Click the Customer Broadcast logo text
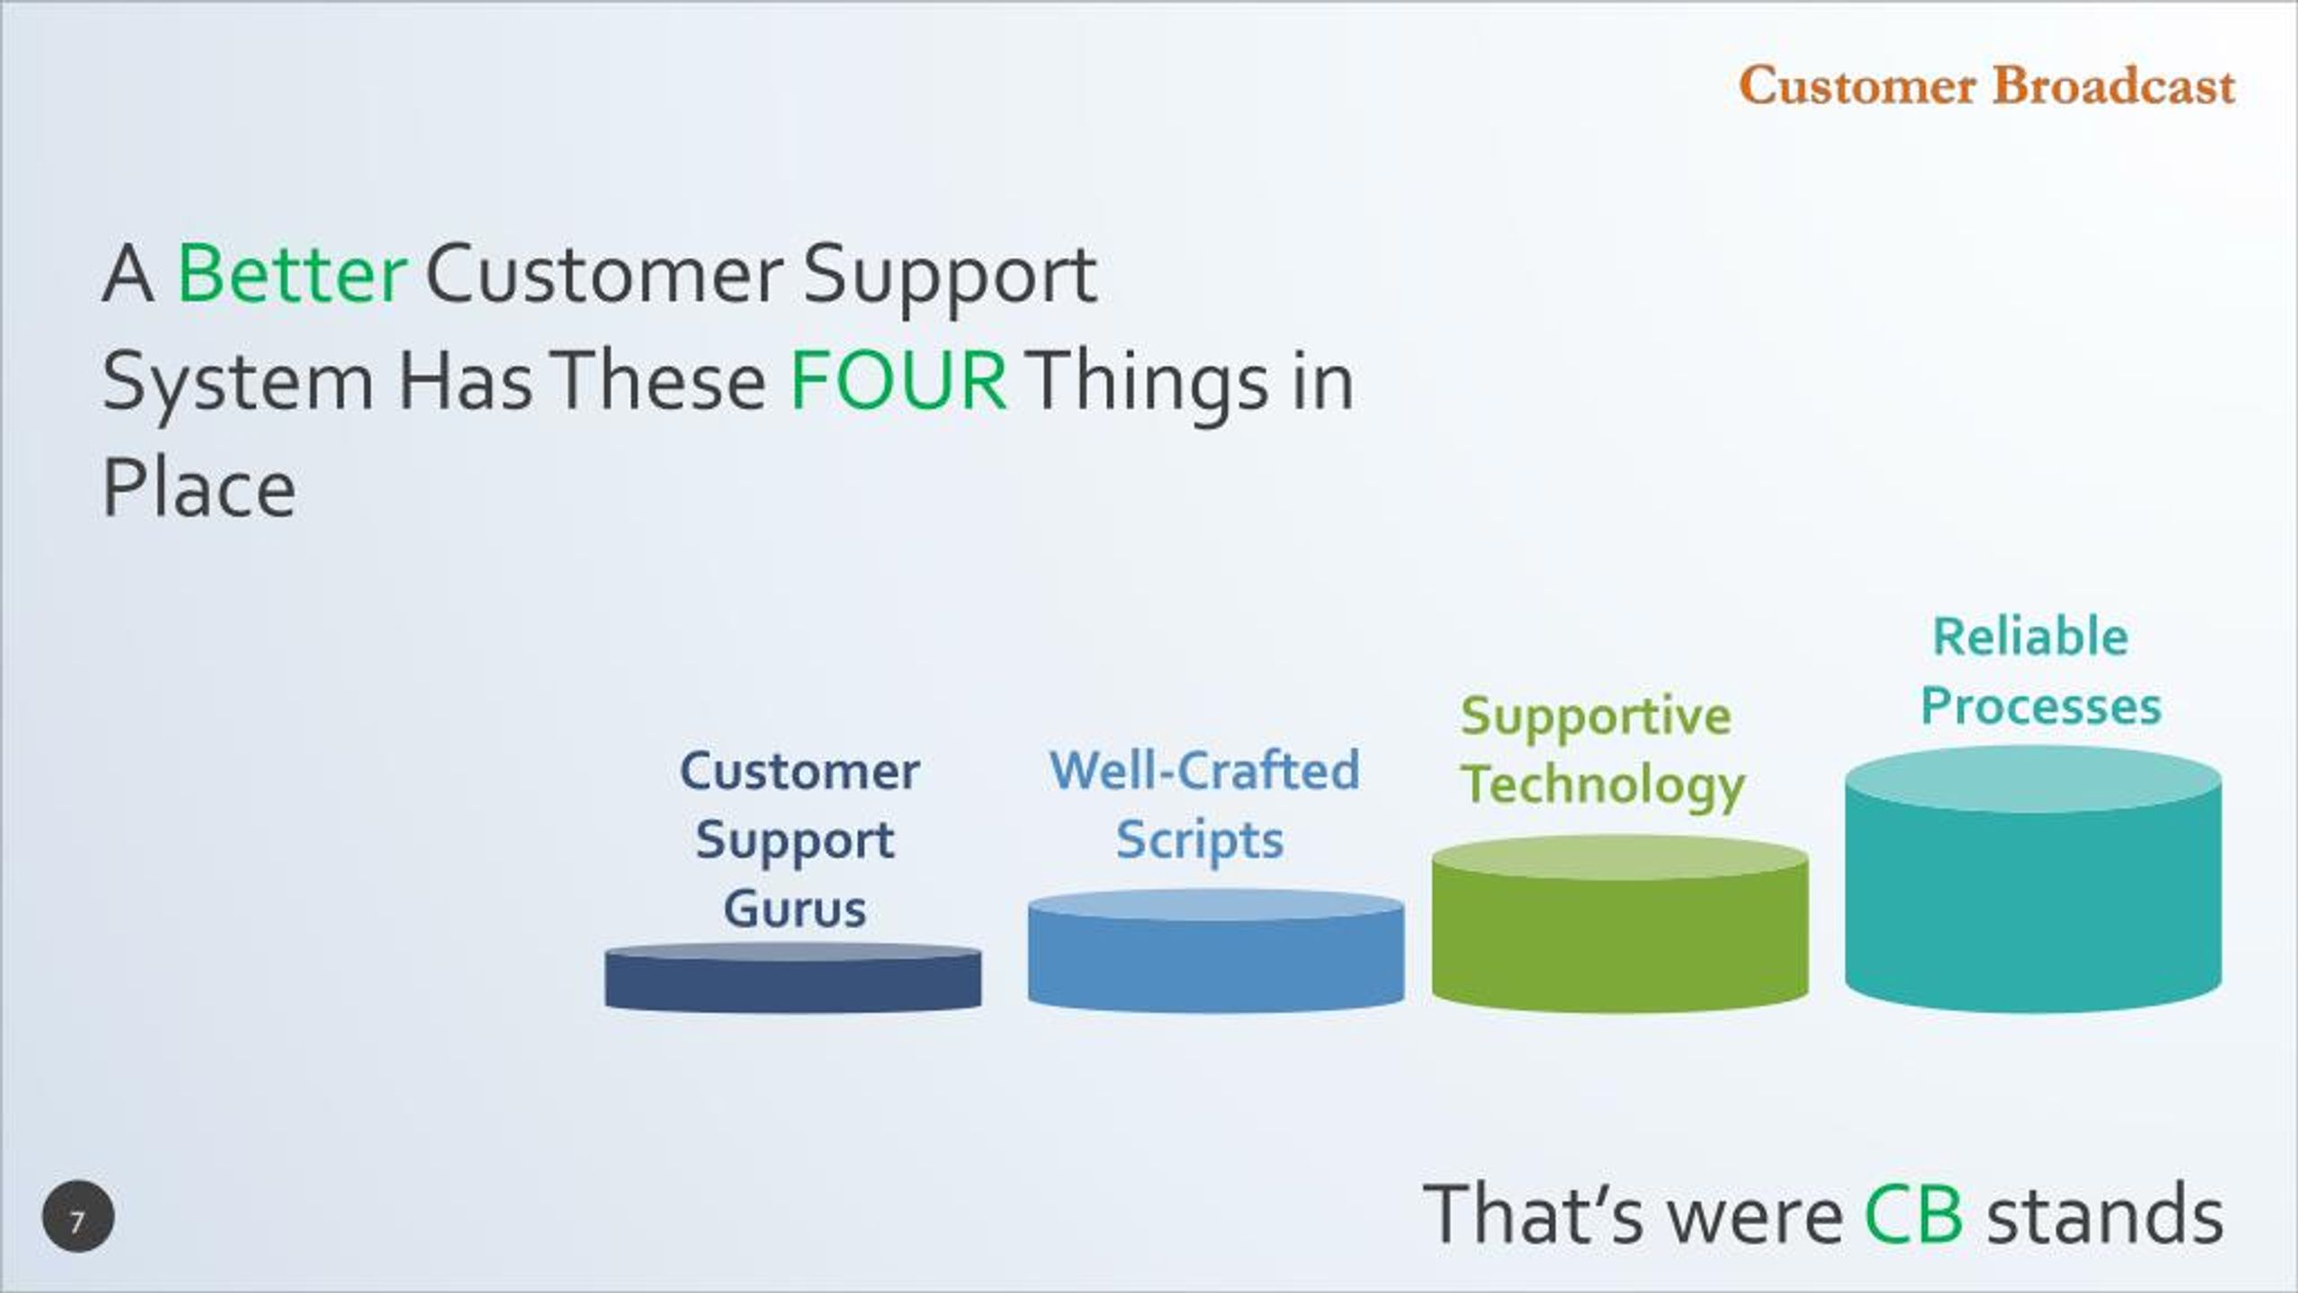pos(1987,86)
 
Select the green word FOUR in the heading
pos(898,382)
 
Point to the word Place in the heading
pos(198,488)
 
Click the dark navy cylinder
pos(793,978)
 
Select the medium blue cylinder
pos(1215,951)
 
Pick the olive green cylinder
pos(1619,924)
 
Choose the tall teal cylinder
pos(2033,879)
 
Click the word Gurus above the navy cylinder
pos(794,908)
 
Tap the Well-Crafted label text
pos(1204,770)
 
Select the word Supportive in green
pos(1595,717)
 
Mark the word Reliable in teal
pos(2030,637)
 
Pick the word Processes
pos(2040,707)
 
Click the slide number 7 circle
pos(78,1217)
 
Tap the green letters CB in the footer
pos(1913,1215)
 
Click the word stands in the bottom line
pos(2105,1214)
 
